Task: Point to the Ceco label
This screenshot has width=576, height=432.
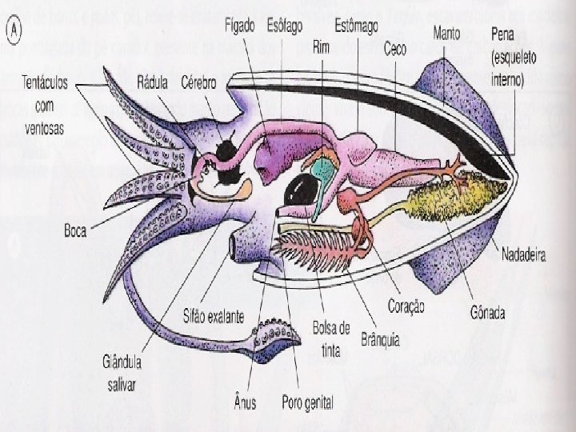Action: tap(395, 49)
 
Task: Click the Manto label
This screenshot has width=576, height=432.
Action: tap(446, 33)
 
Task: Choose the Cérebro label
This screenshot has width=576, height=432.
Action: tap(200, 82)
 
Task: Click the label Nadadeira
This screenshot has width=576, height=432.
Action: tap(524, 256)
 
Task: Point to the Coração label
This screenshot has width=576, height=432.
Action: tap(406, 306)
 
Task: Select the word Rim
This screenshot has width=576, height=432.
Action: tap(321, 48)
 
